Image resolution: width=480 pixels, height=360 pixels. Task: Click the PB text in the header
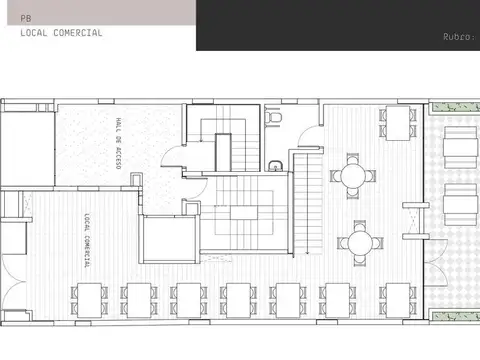click(24, 18)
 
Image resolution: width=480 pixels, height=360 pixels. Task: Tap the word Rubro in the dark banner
click(456, 37)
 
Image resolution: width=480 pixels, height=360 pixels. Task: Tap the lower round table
click(361, 241)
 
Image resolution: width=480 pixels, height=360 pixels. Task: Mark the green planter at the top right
click(455, 104)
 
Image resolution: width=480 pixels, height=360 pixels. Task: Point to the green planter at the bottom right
click(455, 317)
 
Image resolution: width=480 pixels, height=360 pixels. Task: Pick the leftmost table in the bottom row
click(88, 296)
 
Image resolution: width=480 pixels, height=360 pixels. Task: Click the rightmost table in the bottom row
click(400, 296)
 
